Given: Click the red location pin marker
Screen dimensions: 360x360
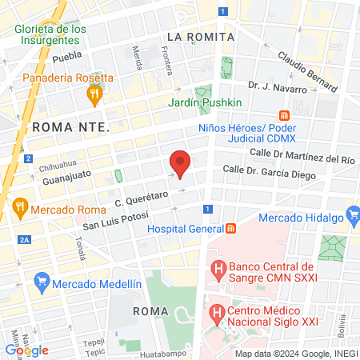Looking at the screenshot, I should tap(180, 162).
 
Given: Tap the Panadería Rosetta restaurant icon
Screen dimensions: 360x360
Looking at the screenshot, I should tap(94, 94).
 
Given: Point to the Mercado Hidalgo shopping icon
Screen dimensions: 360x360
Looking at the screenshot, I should tap(353, 215).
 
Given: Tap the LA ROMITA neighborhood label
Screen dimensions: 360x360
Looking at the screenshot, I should tap(201, 37).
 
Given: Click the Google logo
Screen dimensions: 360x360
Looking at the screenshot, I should tap(26, 350).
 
